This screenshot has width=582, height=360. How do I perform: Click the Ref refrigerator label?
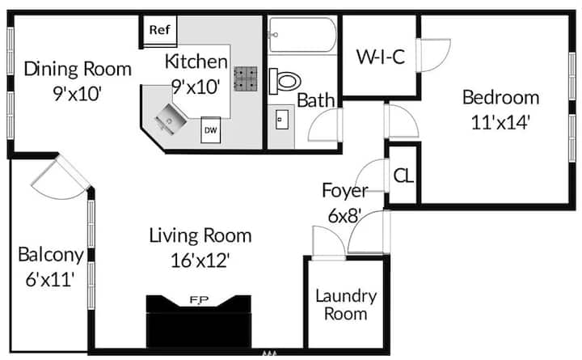(159, 30)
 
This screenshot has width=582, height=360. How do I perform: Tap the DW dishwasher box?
(210, 130)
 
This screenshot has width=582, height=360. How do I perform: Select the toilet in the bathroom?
(285, 81)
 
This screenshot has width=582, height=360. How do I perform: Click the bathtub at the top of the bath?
(302, 35)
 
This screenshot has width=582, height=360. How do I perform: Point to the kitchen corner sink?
(171, 119)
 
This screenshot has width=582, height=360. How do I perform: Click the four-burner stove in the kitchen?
(246, 78)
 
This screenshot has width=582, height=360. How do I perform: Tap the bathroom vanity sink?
(282, 120)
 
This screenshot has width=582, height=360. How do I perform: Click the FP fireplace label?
(200, 299)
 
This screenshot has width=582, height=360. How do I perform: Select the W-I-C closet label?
(381, 57)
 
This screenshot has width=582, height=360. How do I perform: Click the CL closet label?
(403, 176)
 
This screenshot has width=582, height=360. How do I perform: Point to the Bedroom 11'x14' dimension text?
(500, 122)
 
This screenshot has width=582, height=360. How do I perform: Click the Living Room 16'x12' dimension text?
(200, 260)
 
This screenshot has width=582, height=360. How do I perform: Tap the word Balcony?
(51, 256)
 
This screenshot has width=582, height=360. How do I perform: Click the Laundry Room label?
(346, 305)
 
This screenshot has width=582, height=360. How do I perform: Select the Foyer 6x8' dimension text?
(345, 216)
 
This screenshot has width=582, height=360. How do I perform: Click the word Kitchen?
(196, 61)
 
